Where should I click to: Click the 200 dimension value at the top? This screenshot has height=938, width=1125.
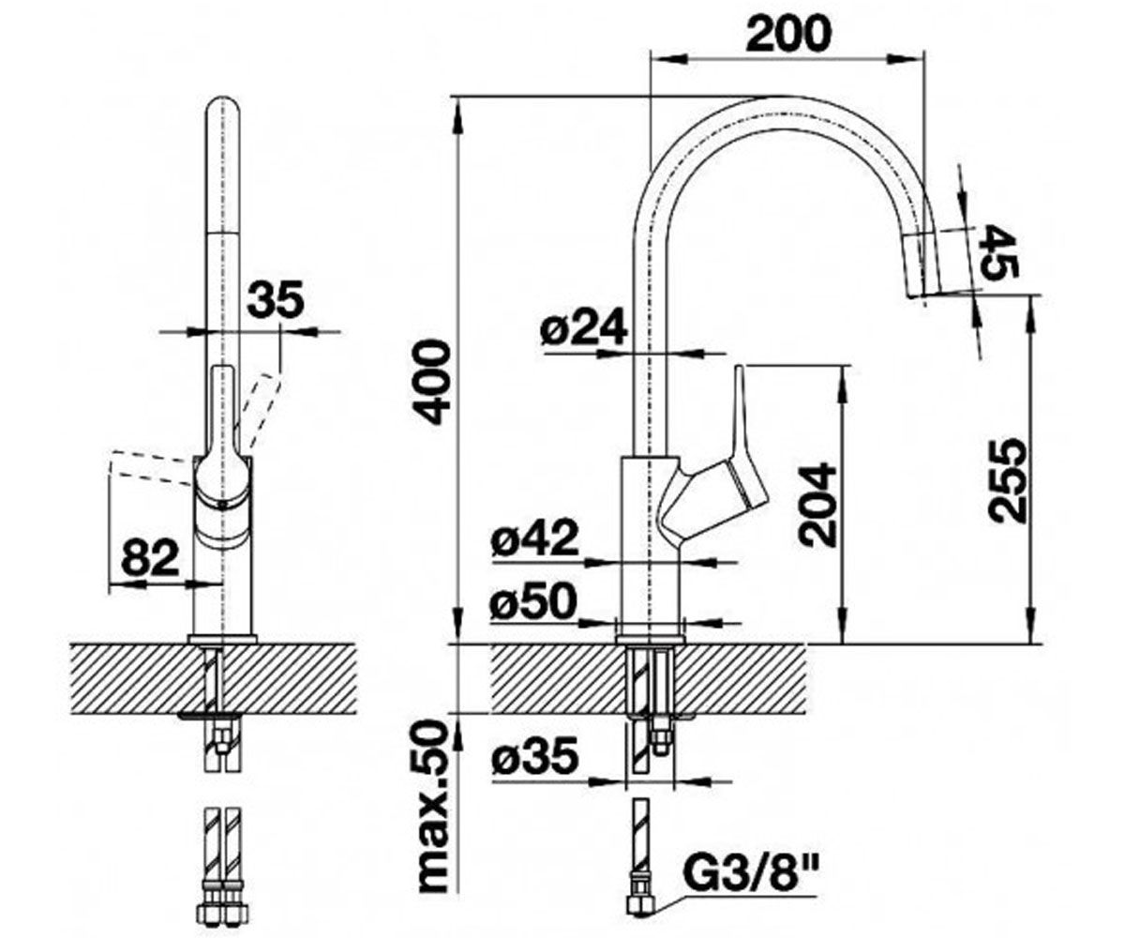pos(788,35)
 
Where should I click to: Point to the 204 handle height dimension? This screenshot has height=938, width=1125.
pos(818,504)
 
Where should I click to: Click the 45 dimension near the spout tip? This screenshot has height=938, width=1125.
pos(995,251)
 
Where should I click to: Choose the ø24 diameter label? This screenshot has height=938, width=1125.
pos(586,327)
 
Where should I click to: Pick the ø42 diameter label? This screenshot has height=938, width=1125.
pos(534,538)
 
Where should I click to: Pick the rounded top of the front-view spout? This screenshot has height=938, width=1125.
pos(223,108)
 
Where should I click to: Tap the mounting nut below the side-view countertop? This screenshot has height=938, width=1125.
pos(661,741)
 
